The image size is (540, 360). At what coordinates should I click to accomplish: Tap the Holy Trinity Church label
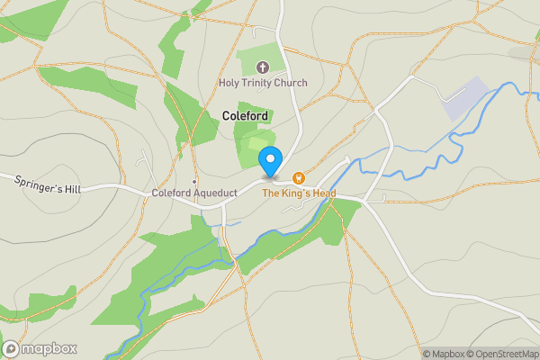click(263, 83)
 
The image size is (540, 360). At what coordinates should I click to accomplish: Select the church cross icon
click(263, 67)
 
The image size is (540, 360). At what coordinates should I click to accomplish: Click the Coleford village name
click(246, 116)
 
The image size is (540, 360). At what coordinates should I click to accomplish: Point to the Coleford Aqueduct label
click(193, 193)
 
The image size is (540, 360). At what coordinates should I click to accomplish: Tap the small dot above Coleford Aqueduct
click(193, 181)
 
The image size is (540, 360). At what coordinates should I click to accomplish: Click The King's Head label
click(299, 193)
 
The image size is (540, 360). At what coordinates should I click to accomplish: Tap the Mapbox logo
click(40, 348)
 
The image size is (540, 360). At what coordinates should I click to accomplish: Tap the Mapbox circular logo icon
click(12, 348)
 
